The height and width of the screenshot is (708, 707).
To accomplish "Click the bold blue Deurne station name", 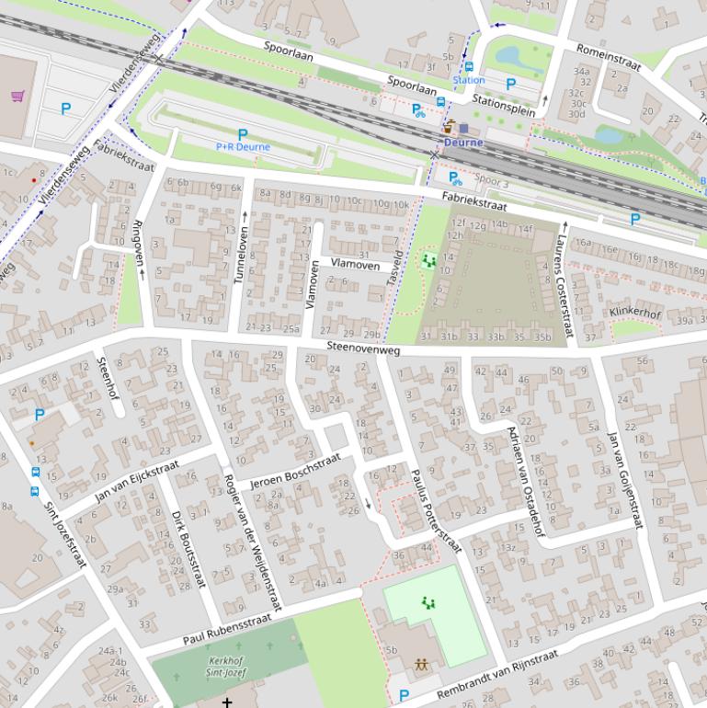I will (463, 143).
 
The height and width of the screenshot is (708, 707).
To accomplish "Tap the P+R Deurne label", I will (243, 146).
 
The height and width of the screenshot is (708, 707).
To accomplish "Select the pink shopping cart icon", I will (17, 96).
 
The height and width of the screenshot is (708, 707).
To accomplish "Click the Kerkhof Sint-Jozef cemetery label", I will (225, 667).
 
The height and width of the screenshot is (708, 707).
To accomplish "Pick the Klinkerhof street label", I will (634, 314).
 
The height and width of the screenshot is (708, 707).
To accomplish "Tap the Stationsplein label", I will (504, 99).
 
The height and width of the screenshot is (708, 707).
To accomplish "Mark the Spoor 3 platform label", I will (492, 182).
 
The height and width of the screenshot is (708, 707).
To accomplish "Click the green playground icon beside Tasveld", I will (428, 261).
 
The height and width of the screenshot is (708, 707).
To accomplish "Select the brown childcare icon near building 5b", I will (421, 663).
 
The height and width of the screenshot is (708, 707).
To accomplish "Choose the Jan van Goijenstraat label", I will (624, 479).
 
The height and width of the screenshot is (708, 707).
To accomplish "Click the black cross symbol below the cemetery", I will (226, 702).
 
